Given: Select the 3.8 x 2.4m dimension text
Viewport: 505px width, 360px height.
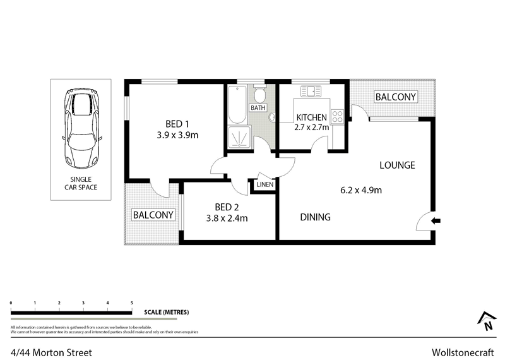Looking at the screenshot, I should click(226, 219).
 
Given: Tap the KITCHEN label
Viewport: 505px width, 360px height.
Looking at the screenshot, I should click(311, 117).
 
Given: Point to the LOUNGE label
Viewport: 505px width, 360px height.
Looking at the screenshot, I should click(397, 165).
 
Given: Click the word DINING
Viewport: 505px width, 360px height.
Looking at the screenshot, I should click(315, 217).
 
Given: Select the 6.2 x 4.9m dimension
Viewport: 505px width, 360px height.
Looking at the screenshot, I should click(360, 189).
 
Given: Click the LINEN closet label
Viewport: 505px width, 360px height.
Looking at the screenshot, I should click(264, 185).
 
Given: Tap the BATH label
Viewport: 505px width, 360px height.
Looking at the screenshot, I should click(258, 108).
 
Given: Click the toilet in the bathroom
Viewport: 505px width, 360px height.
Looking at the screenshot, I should click(258, 95).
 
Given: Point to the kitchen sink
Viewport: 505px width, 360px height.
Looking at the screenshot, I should click(311, 92).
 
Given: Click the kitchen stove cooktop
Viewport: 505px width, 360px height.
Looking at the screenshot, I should click(338, 117).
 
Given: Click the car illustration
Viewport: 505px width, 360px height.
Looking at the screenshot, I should click(81, 128).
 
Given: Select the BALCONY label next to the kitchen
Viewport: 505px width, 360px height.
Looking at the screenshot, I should click(396, 97).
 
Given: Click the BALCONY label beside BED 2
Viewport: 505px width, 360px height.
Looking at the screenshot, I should click(153, 215).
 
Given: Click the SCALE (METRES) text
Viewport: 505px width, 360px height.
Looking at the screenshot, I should click(167, 313).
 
